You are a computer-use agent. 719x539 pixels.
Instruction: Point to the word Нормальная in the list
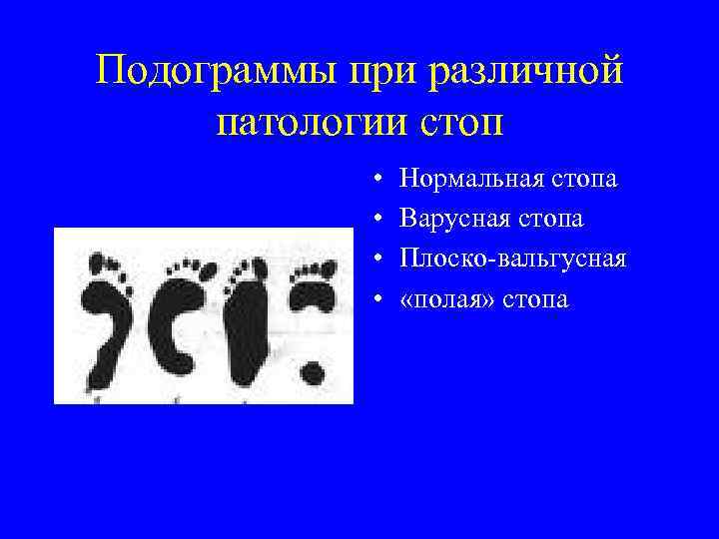point(468,180)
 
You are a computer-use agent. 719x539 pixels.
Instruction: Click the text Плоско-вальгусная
point(512,259)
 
